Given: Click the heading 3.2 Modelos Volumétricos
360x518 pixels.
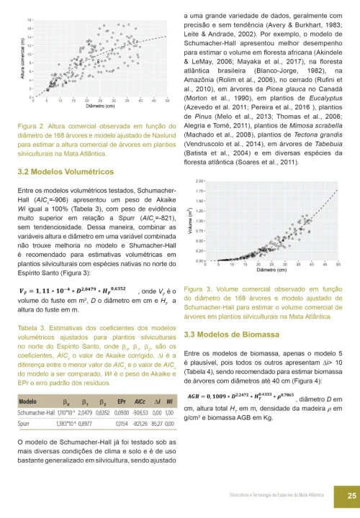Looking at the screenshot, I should [65, 173].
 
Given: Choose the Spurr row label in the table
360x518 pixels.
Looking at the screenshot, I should [26, 425].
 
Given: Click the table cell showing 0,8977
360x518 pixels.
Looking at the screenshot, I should [85, 425].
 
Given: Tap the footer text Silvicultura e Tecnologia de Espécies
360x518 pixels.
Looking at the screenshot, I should [281, 496].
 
